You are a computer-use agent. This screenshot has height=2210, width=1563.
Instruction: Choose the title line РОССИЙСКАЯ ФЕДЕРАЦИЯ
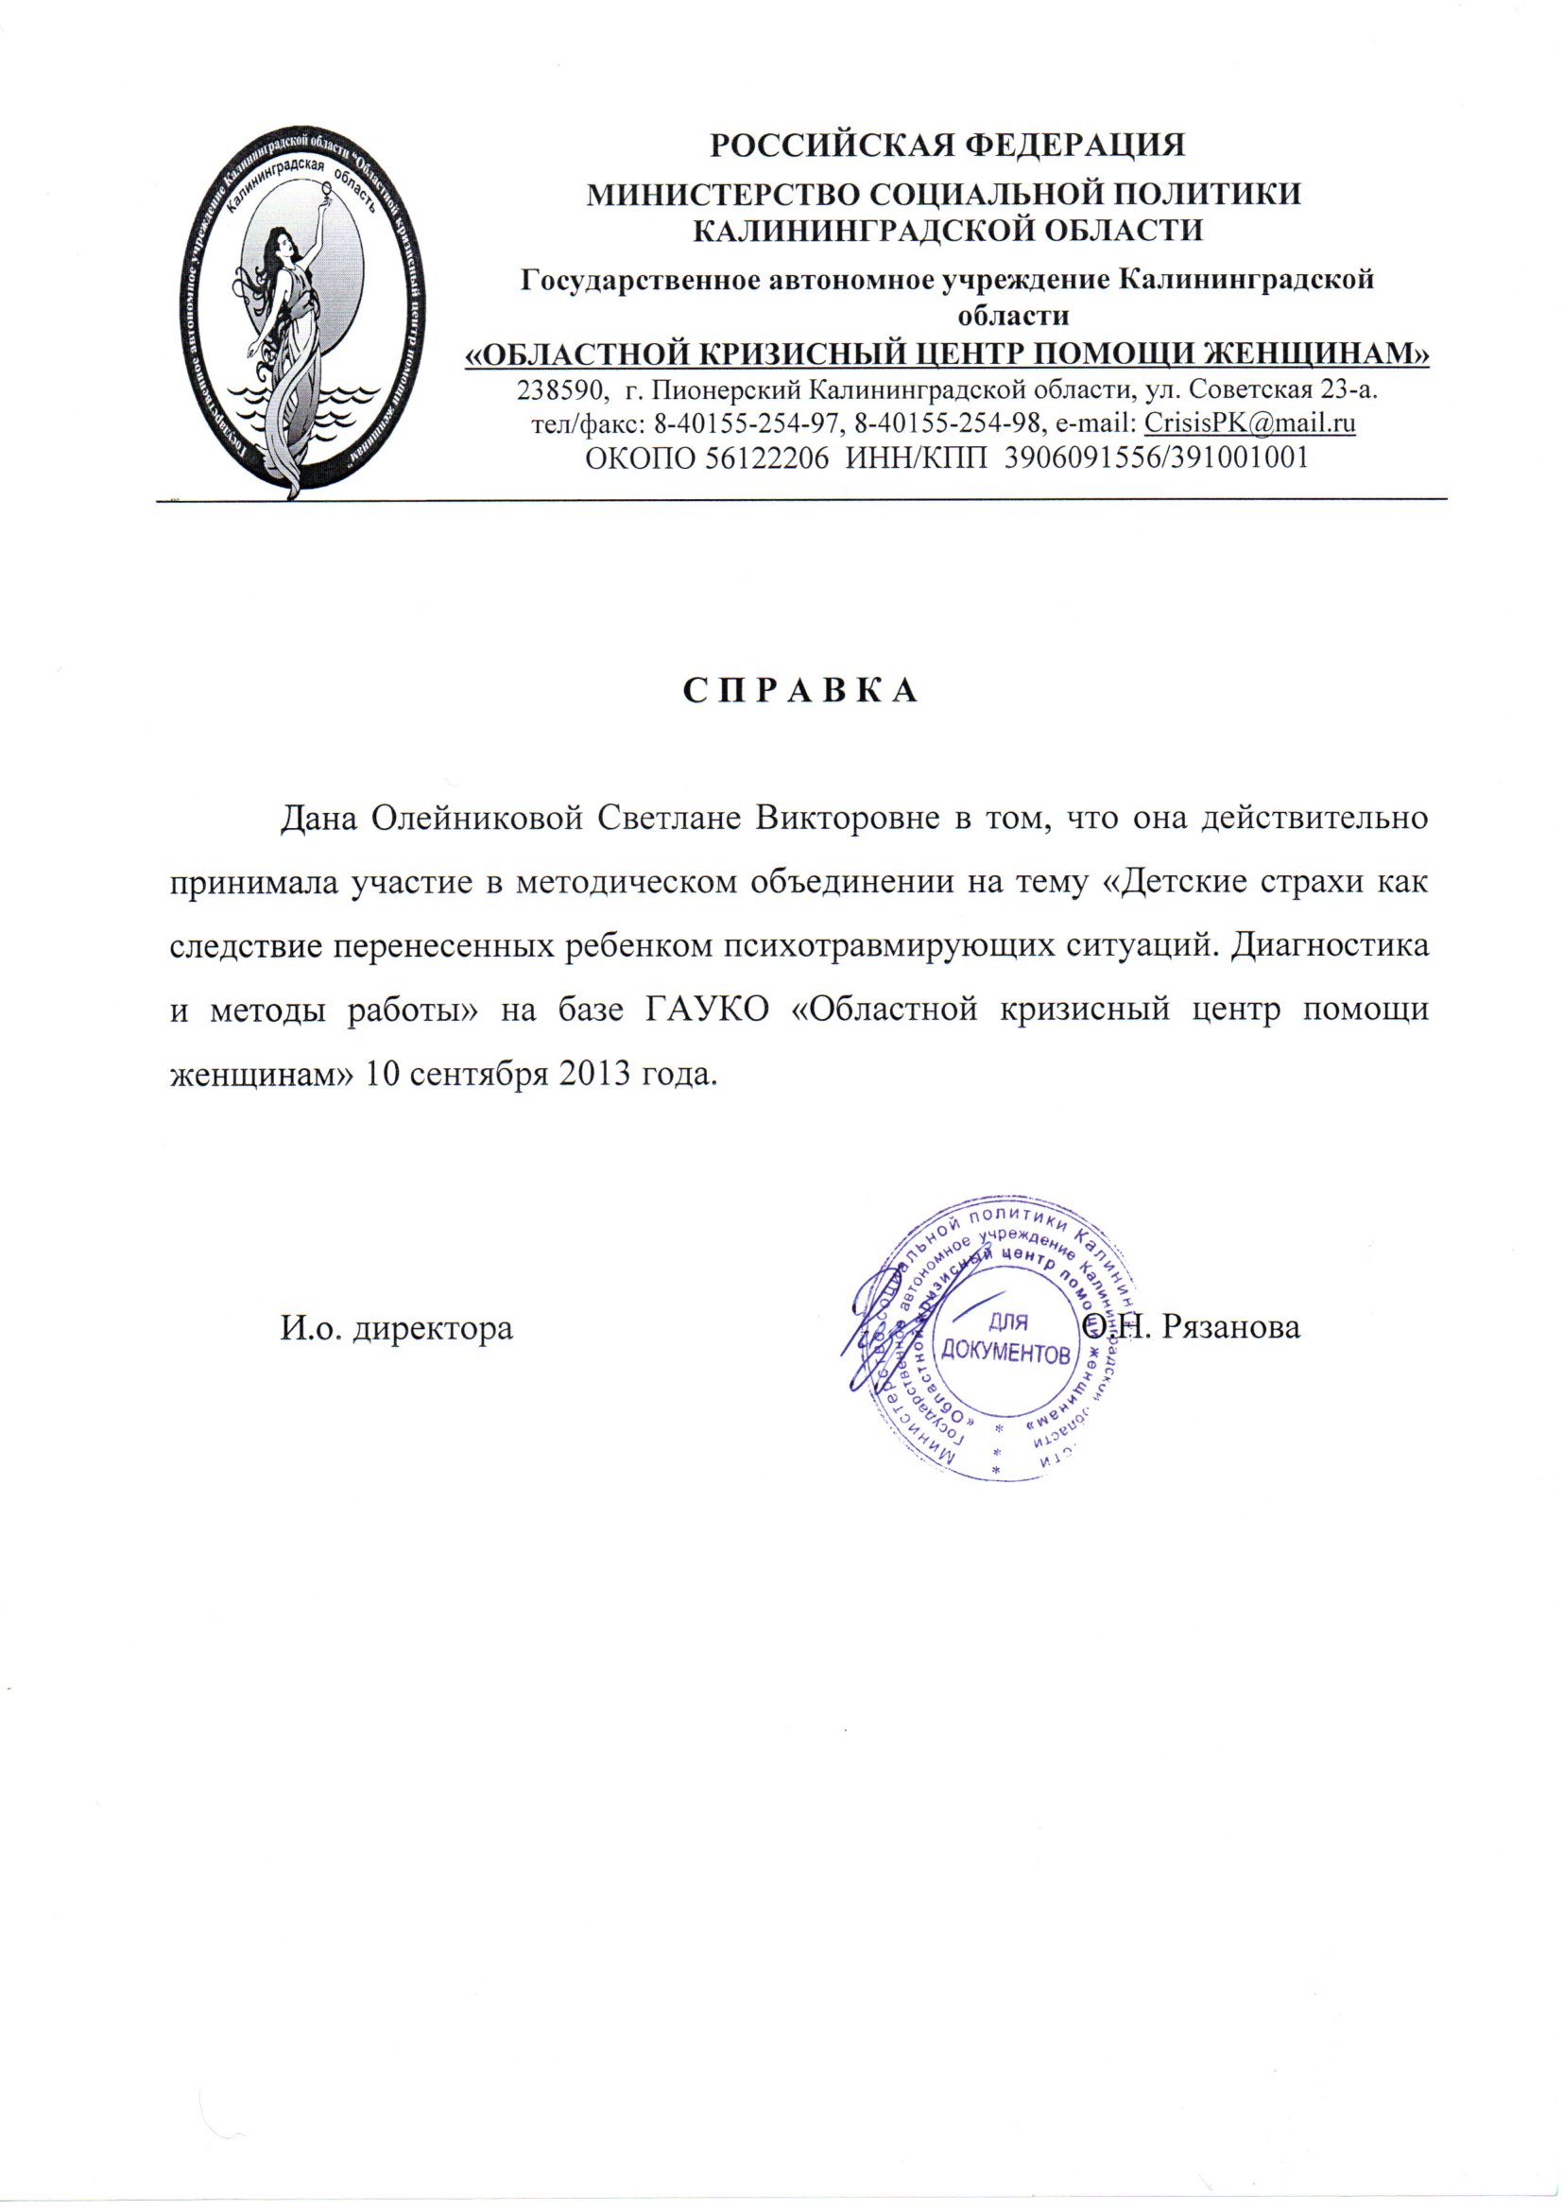point(947,146)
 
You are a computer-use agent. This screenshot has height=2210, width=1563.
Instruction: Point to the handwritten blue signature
point(881,1328)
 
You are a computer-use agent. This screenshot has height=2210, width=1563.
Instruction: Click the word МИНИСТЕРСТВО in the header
point(715,194)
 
